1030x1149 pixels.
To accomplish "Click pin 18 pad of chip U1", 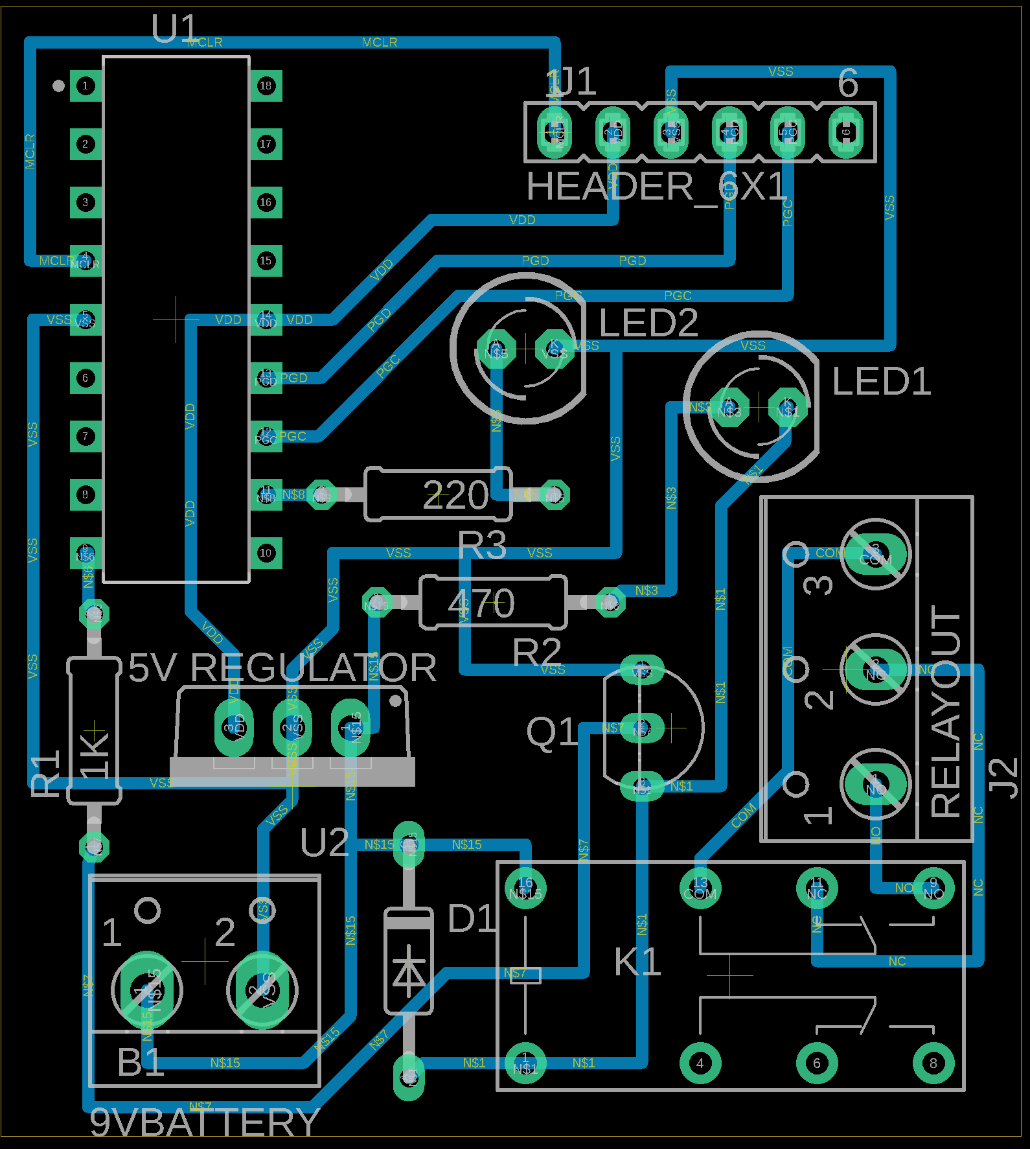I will tap(266, 86).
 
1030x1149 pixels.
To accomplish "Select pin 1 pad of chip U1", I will tap(85, 86).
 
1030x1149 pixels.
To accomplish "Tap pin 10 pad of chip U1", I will tap(266, 553).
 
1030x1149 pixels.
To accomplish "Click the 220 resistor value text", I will tap(455, 496).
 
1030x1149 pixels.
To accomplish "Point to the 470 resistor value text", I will tap(481, 603).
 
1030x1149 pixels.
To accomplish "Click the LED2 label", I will tap(648, 323).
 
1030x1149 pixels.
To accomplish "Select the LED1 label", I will tap(881, 381).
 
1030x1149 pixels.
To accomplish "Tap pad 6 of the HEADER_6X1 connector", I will tap(845, 132).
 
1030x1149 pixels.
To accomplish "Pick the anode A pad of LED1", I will tap(729, 407).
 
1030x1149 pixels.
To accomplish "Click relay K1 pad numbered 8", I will tap(933, 1063).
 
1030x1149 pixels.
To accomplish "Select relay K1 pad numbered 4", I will tap(700, 1063).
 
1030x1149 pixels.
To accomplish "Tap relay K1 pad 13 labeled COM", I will tap(700, 888).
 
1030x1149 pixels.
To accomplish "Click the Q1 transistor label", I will tap(551, 732).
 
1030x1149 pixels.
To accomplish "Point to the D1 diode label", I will tap(471, 918).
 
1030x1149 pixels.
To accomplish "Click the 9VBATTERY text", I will tap(204, 1122).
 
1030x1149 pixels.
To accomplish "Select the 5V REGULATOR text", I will tap(282, 667).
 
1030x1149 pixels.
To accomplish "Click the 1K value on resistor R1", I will tap(95, 752).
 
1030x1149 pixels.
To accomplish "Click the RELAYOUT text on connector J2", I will tap(945, 711).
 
